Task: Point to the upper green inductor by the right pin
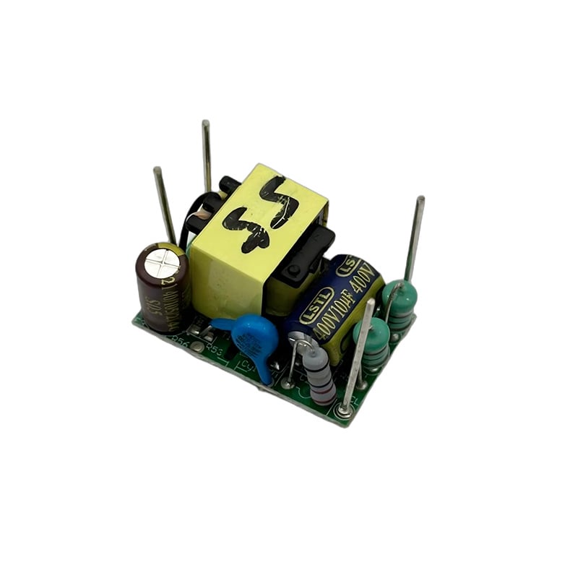click(x=400, y=303)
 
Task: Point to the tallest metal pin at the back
click(x=207, y=155)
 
